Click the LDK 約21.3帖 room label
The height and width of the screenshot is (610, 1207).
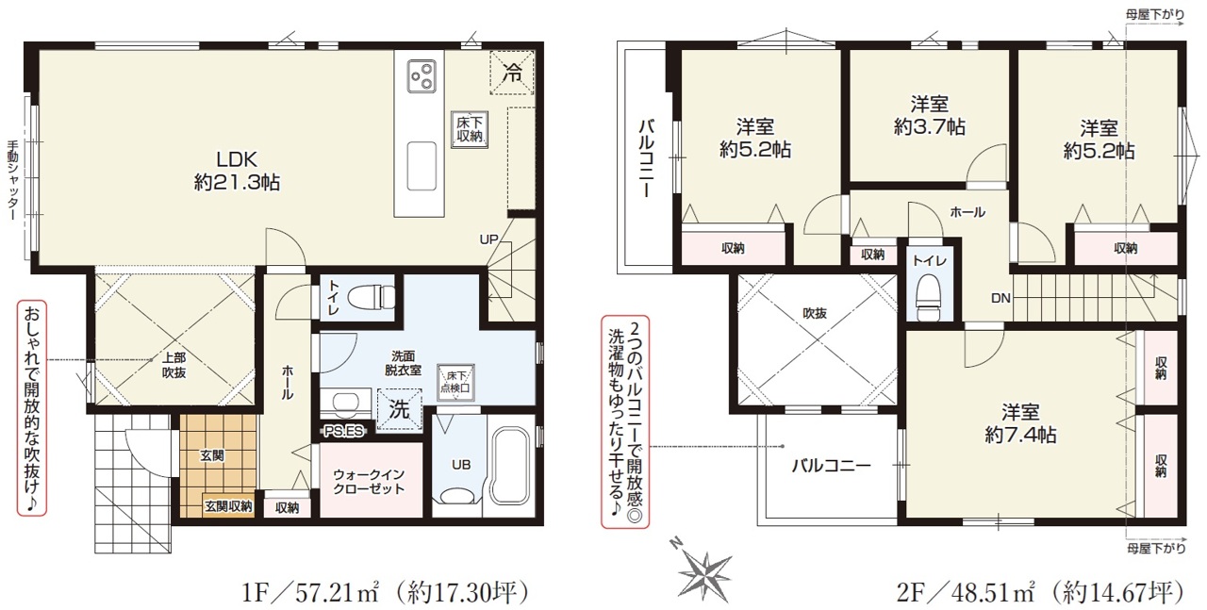(237, 171)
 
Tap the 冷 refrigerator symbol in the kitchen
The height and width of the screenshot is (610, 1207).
(512, 73)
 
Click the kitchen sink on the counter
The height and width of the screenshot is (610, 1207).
(422, 166)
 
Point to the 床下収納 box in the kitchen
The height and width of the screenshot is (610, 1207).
(470, 129)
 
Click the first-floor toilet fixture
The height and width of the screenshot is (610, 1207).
(372, 296)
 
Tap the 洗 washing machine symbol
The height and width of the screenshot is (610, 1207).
(399, 409)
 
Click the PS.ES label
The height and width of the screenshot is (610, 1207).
(343, 431)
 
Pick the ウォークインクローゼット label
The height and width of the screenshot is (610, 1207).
(369, 483)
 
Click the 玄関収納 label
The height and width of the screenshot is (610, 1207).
(228, 506)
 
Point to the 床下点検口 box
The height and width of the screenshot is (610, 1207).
(455, 382)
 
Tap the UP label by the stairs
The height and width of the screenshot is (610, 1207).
(488, 239)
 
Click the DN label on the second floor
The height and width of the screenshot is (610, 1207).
(1000, 298)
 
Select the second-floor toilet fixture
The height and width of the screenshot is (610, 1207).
(929, 296)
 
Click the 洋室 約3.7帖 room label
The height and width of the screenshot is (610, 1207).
(930, 115)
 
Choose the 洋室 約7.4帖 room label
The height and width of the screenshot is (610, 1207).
(1020, 423)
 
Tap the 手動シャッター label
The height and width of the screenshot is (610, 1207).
(13, 180)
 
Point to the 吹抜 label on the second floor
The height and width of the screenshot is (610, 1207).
(814, 313)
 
